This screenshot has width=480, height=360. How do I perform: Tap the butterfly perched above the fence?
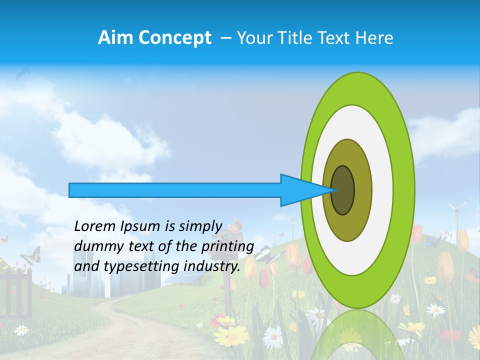tap(30, 255)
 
